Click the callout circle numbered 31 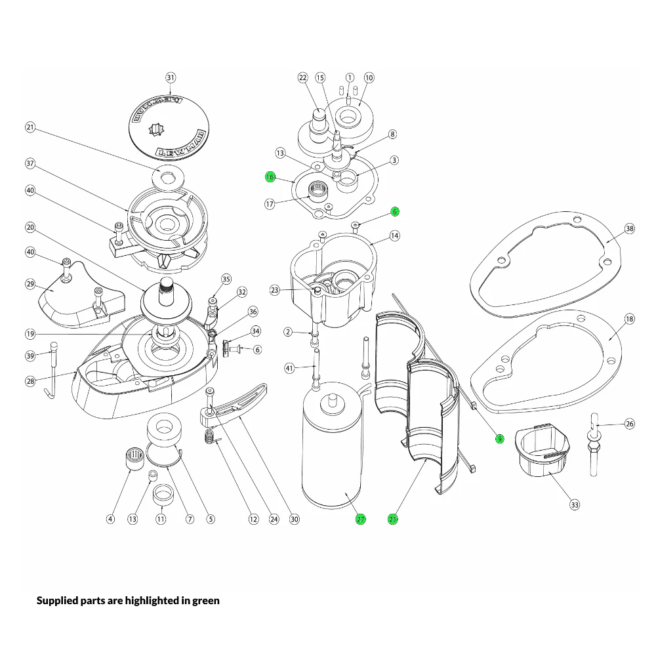pyautogui.click(x=171, y=77)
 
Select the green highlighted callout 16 pyautogui.click(x=270, y=177)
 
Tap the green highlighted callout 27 pyautogui.click(x=361, y=519)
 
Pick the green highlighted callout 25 pyautogui.click(x=393, y=519)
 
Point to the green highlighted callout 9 pyautogui.click(x=499, y=438)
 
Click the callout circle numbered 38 pyautogui.click(x=629, y=229)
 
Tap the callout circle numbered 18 pyautogui.click(x=629, y=319)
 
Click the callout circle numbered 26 pyautogui.click(x=629, y=424)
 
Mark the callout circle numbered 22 pyautogui.click(x=303, y=77)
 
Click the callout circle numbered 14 pyautogui.click(x=394, y=235)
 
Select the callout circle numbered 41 pyautogui.click(x=289, y=369)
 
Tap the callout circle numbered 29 pyautogui.click(x=30, y=284)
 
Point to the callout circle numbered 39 pyautogui.click(x=30, y=356)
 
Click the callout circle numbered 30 pyautogui.click(x=295, y=519)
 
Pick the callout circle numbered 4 pyautogui.click(x=111, y=519)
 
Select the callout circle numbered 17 pyautogui.click(x=270, y=204)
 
